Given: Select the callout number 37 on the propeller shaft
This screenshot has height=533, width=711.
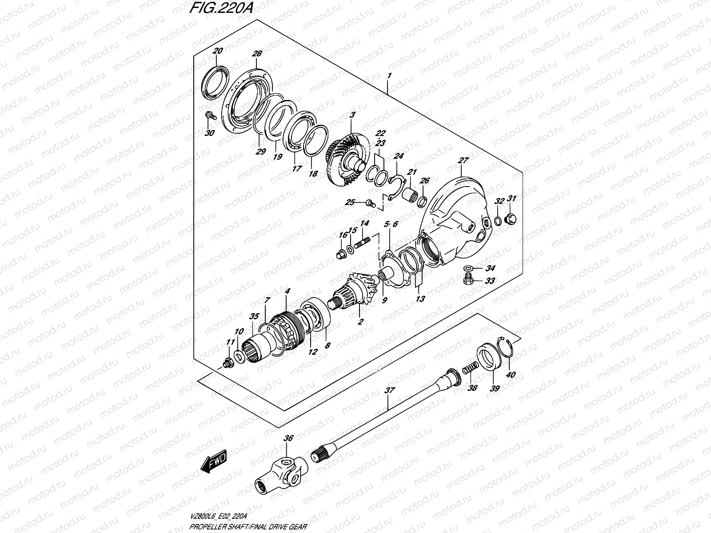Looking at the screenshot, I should (389, 391).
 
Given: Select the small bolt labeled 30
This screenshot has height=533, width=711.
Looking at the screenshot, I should (210, 116).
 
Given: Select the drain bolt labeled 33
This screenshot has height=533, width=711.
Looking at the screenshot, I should (467, 280).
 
